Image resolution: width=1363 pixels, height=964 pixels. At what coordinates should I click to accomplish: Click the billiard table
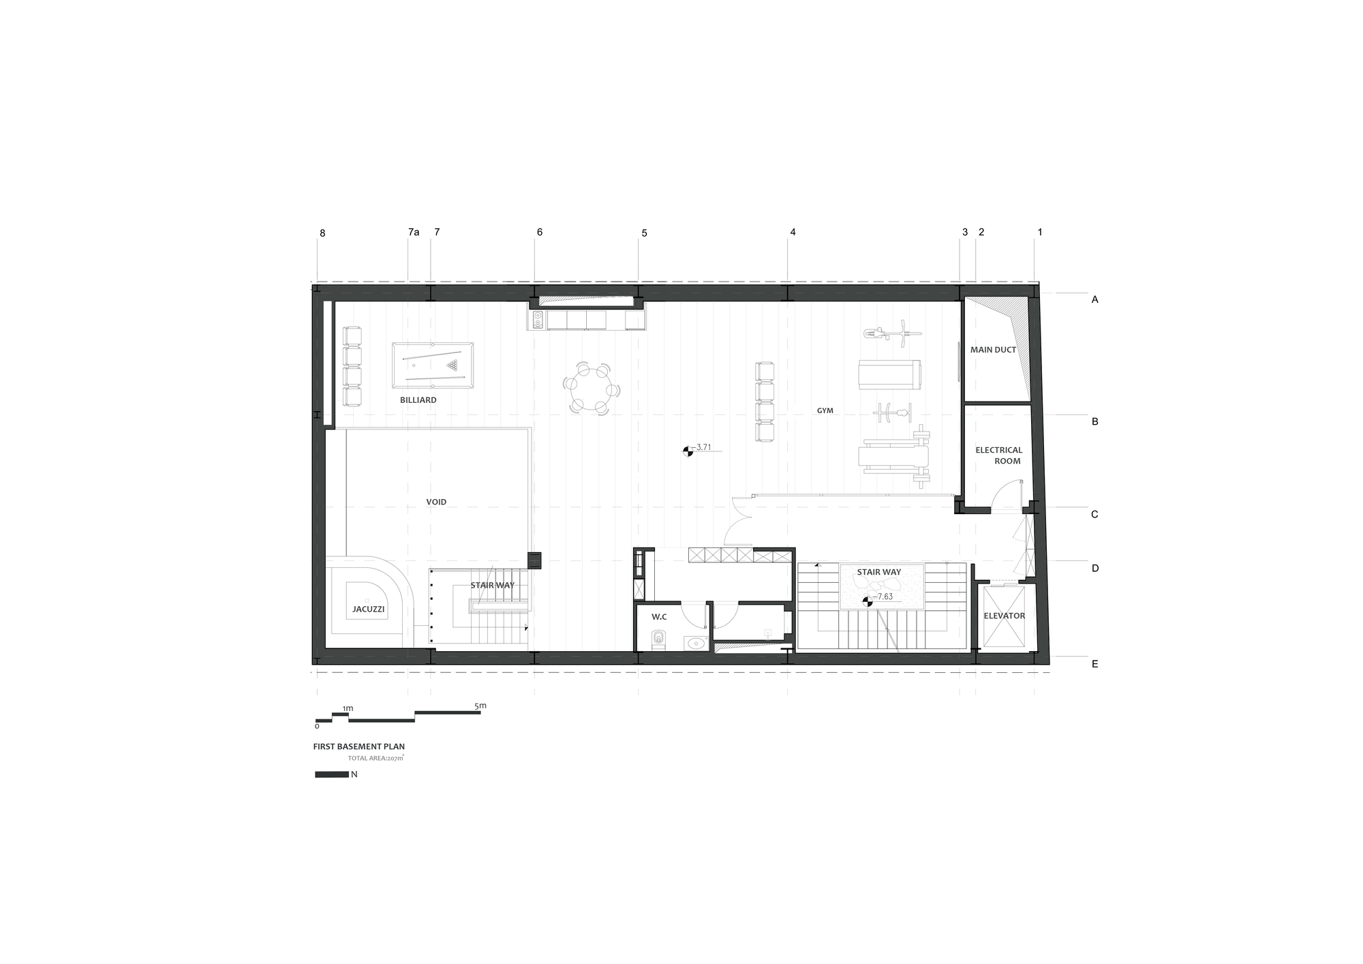pyautogui.click(x=433, y=365)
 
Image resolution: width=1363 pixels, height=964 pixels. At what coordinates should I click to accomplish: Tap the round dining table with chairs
pyautogui.click(x=592, y=388)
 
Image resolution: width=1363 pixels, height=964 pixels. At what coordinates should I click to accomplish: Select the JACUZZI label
pyautogui.click(x=368, y=609)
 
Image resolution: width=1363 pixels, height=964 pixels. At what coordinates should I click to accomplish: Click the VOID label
pyautogui.click(x=436, y=502)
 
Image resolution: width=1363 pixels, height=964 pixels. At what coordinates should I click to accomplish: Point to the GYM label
pyautogui.click(x=825, y=410)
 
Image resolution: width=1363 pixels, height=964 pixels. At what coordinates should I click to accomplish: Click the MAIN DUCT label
pyautogui.click(x=993, y=350)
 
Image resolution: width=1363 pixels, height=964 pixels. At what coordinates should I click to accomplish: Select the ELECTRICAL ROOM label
pyautogui.click(x=998, y=455)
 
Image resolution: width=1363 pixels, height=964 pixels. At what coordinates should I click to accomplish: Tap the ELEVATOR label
pyautogui.click(x=1004, y=616)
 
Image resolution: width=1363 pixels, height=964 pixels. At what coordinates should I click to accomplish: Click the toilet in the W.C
pyautogui.click(x=658, y=639)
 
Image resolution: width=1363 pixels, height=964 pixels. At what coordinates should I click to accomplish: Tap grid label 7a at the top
pyautogui.click(x=414, y=232)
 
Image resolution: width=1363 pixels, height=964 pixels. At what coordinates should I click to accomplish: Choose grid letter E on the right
pyautogui.click(x=1095, y=663)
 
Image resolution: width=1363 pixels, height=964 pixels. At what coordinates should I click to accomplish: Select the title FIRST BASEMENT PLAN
pyautogui.click(x=359, y=747)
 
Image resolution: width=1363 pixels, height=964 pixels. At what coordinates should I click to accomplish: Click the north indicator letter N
pyautogui.click(x=354, y=774)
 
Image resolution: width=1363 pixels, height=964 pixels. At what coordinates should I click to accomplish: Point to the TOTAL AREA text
pyautogui.click(x=376, y=757)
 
